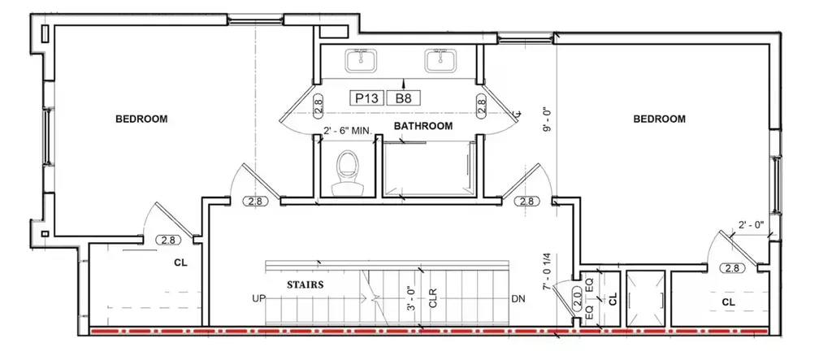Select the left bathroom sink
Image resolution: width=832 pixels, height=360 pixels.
point(361,60)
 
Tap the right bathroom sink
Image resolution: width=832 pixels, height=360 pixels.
point(440,60)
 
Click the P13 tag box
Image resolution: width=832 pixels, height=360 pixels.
point(366,98)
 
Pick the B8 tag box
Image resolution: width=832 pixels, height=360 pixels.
point(405,98)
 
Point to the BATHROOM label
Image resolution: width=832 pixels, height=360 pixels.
point(422,126)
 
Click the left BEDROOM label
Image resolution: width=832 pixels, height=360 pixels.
point(141,119)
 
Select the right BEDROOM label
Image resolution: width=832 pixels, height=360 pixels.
point(659,119)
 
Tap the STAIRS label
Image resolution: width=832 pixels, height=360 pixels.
point(305,284)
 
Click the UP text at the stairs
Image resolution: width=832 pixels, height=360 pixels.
point(259,299)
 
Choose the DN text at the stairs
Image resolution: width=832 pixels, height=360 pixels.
point(518,299)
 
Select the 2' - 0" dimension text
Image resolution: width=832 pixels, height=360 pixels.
point(751,225)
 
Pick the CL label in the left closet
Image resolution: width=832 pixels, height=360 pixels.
point(180,262)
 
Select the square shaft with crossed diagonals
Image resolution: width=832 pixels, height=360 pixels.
point(644,298)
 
